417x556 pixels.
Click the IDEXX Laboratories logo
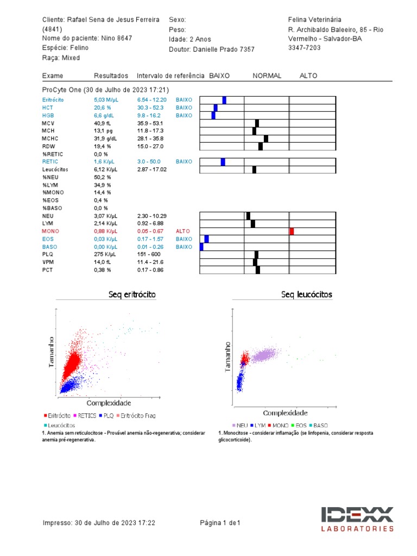click(x=357, y=519)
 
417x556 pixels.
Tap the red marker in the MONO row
click(x=292, y=231)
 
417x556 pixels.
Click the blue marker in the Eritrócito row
click(x=224, y=100)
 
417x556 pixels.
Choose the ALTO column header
click(x=308, y=76)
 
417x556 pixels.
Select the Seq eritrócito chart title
click(x=132, y=294)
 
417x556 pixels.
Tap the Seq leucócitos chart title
click(x=307, y=294)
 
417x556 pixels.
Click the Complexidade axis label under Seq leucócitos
click(x=286, y=413)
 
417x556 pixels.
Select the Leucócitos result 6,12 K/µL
click(x=105, y=169)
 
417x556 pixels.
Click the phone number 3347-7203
click(x=304, y=48)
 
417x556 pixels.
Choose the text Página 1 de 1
click(x=220, y=523)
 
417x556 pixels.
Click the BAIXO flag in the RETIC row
click(x=184, y=162)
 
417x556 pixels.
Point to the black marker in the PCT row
click(x=258, y=270)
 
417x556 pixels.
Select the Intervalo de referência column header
click(x=170, y=76)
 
